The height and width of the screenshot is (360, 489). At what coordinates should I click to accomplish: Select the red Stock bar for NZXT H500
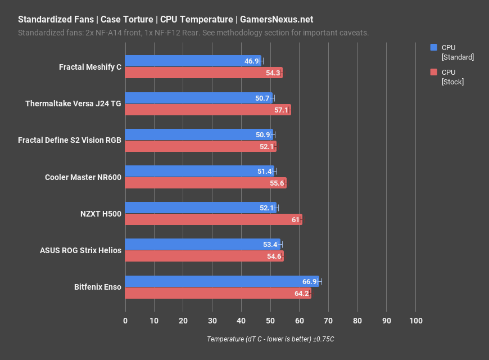pos(213,219)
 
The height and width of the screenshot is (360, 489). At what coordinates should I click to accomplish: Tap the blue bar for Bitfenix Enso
pos(221,281)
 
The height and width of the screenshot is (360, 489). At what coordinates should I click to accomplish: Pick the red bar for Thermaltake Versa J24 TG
pos(207,110)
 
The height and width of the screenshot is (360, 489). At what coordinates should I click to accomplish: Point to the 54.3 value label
pos(274,73)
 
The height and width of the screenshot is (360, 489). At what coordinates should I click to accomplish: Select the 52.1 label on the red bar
pos(268,146)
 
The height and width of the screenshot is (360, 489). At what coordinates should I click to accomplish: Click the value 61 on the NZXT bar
pos(296,219)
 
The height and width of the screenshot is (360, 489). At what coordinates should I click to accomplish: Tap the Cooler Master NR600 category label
pos(83,177)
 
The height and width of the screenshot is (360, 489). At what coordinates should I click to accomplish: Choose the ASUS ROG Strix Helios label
pos(80,250)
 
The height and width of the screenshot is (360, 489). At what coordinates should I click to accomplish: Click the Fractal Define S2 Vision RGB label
pos(70,141)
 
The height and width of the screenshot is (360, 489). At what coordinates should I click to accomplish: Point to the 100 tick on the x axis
pos(415,320)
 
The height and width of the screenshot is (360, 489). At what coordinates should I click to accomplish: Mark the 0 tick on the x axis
pos(125,320)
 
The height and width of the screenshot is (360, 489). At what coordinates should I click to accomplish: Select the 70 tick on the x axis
pos(328,320)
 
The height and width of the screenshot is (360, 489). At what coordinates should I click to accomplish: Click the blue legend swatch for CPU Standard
pos(433,48)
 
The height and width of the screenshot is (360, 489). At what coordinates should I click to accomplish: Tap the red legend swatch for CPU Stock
pos(433,72)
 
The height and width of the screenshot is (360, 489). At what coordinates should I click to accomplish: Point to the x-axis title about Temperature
pos(270,339)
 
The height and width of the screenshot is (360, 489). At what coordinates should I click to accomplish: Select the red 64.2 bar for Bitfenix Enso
pos(218,293)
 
